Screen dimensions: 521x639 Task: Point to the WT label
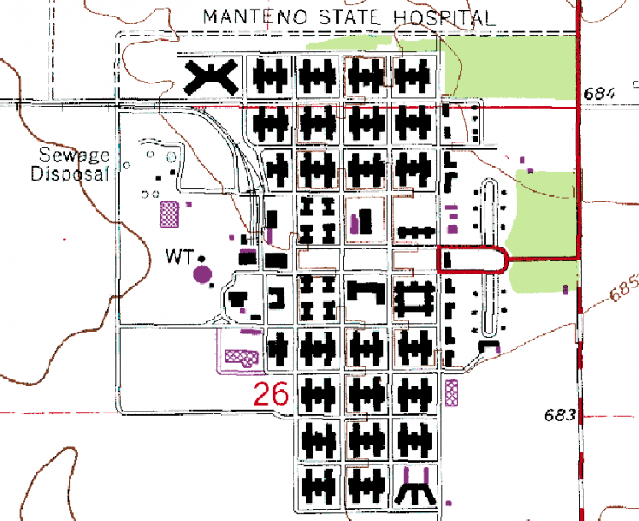click(179, 256)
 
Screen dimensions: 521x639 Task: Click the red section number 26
click(271, 394)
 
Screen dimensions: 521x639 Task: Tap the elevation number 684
click(600, 93)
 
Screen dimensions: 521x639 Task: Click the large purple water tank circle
click(202, 275)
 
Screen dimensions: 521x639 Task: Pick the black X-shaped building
click(211, 78)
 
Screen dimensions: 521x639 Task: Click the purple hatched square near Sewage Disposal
click(168, 211)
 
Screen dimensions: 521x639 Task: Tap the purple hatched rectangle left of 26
click(241, 356)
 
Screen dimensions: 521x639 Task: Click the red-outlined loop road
click(473, 260)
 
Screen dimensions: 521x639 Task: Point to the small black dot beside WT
click(201, 258)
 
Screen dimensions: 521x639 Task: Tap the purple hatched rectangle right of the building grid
click(451, 392)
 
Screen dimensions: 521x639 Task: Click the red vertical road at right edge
click(578, 260)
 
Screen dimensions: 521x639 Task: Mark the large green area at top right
click(512, 65)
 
